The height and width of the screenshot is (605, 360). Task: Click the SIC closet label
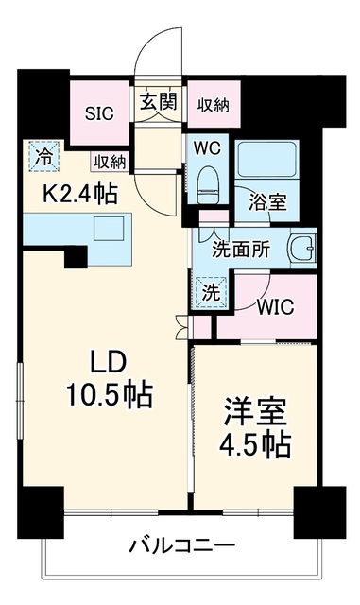99,113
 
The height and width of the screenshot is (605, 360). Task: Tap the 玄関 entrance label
159,102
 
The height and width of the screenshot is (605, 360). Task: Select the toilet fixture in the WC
208,185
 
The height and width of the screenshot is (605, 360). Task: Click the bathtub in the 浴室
266,160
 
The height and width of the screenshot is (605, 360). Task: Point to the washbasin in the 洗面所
303,248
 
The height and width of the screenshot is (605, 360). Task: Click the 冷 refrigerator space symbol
44,156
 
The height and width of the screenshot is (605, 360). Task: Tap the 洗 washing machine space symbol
211,293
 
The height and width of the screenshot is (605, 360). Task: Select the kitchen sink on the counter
110,229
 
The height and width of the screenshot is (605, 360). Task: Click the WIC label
276,306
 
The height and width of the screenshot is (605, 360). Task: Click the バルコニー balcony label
182,546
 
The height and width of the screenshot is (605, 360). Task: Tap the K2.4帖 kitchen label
80,194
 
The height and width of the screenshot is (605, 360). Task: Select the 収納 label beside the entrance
214,105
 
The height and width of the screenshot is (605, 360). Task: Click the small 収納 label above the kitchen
111,162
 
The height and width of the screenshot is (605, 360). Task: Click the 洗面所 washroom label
241,251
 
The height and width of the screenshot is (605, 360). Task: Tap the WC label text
207,148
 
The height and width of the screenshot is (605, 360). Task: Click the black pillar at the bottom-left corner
41,512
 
